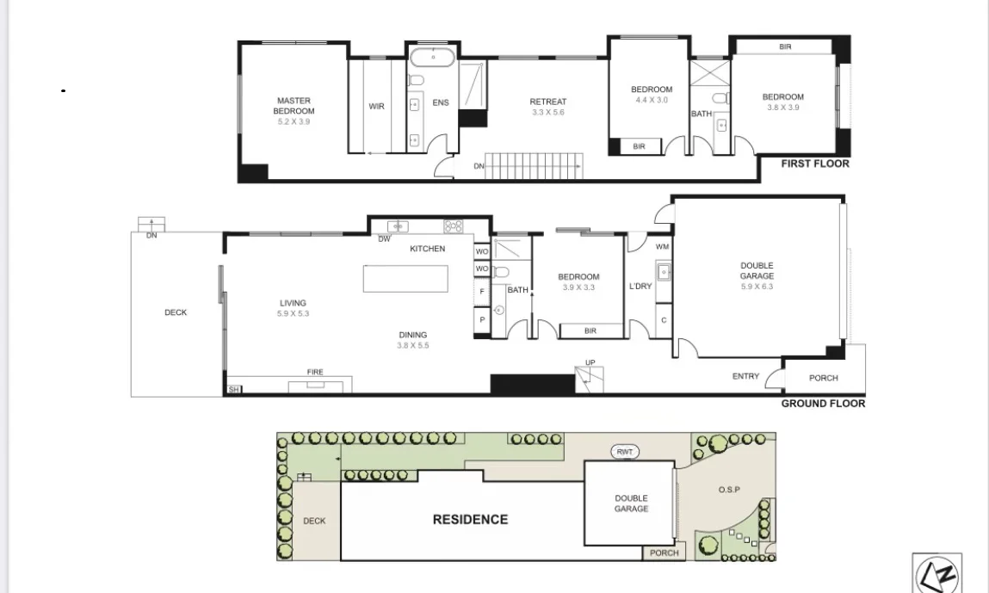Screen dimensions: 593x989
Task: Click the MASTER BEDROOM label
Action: click(x=294, y=106)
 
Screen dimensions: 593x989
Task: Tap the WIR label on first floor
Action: click(x=376, y=107)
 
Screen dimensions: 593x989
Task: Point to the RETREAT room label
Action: click(x=547, y=102)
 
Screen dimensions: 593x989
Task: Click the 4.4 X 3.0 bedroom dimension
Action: click(x=651, y=100)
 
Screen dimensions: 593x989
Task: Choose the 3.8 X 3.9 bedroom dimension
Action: click(x=782, y=108)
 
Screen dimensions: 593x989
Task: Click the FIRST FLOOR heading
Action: click(x=814, y=164)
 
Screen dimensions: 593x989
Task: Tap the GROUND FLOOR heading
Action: click(x=822, y=403)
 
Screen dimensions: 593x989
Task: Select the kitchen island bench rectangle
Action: click(x=405, y=279)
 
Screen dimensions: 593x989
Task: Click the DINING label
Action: click(x=412, y=335)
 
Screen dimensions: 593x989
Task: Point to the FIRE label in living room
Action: click(x=315, y=372)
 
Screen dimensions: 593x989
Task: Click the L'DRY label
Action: click(x=640, y=286)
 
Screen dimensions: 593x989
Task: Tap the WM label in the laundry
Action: click(x=662, y=247)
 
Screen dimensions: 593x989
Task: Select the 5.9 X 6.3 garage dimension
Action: click(x=757, y=287)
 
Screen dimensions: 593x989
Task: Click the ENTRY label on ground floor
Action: click(x=745, y=376)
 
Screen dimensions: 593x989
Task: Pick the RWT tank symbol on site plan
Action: click(x=624, y=452)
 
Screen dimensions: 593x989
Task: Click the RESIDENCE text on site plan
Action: click(x=470, y=519)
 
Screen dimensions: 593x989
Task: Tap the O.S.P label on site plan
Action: click(x=729, y=490)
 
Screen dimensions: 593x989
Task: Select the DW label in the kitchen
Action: click(x=384, y=239)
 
